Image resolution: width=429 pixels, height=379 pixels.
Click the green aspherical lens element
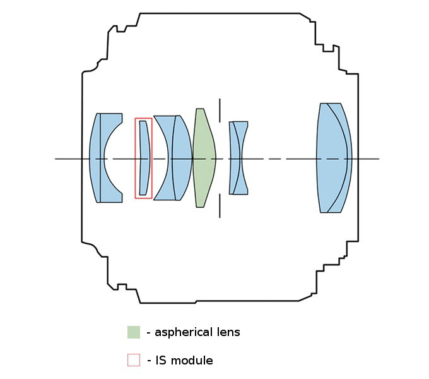pyautogui.click(x=203, y=158)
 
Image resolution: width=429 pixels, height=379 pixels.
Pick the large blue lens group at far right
pyautogui.click(x=333, y=158)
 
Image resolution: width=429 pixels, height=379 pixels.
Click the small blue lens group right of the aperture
pyautogui.click(x=238, y=158)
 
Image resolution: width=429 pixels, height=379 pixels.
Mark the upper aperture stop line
pyautogui.click(x=220, y=110)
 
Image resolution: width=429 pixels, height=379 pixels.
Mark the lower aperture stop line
pyautogui.click(x=220, y=206)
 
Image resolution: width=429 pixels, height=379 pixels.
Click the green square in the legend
pyautogui.click(x=133, y=332)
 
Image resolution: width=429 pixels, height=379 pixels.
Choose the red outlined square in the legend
pyautogui.click(x=133, y=360)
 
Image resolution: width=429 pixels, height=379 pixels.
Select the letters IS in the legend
pyautogui.click(x=159, y=361)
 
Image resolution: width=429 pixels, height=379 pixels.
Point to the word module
pyautogui.click(x=192, y=361)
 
